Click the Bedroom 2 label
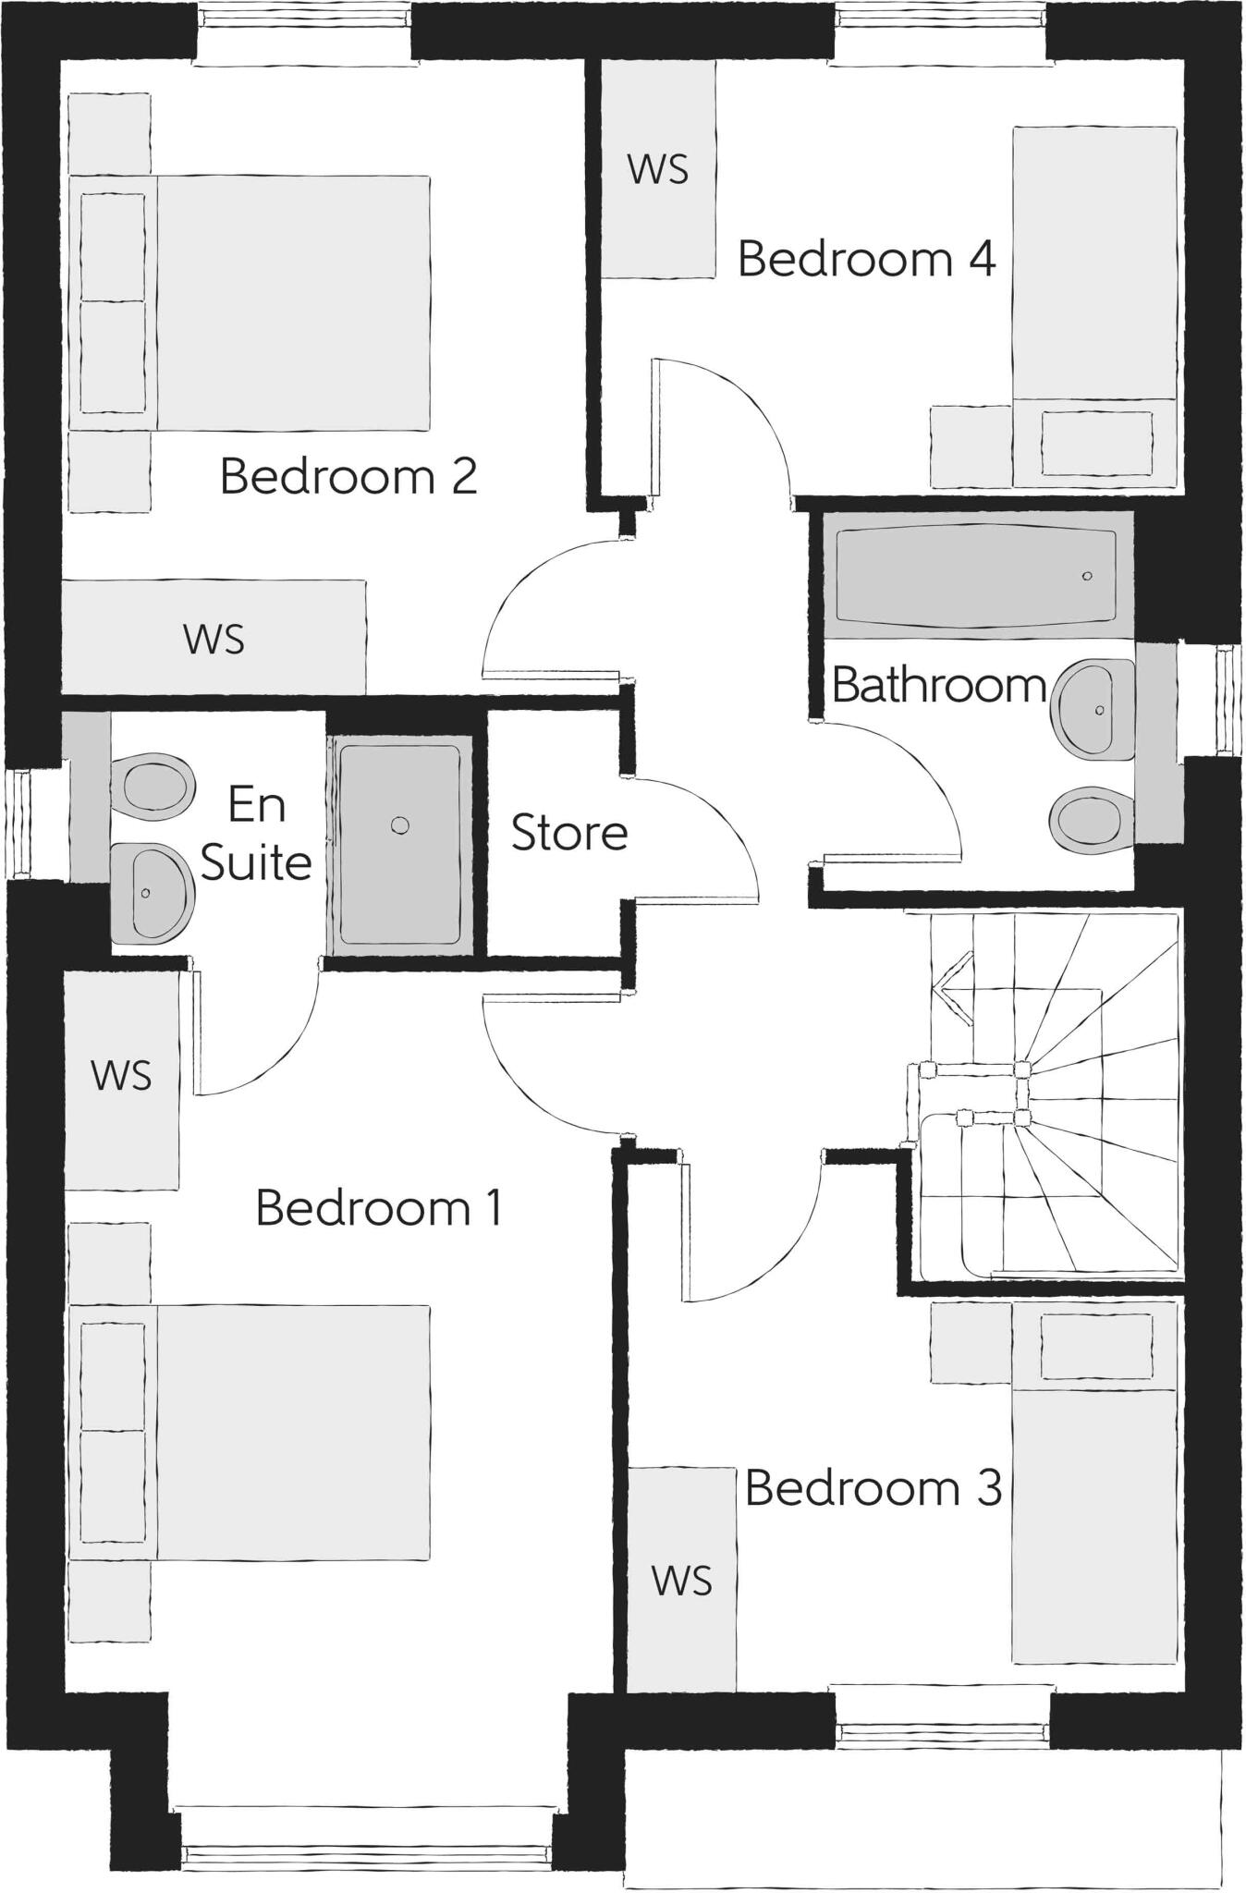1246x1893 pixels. coord(348,477)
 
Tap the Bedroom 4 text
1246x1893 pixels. coord(866,259)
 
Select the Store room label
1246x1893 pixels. coord(569,833)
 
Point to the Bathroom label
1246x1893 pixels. coord(938,686)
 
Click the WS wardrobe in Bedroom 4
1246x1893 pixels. coord(658,169)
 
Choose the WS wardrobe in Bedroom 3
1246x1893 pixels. coord(682,1581)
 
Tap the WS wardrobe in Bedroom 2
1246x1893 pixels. coord(214,639)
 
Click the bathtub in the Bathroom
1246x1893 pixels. coord(975,575)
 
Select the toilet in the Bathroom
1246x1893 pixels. coord(1086,819)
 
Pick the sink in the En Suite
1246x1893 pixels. coord(153,892)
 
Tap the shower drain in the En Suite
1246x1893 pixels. coord(399,825)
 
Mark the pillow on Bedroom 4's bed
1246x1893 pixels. coord(1096,444)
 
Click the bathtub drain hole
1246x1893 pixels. coord(1087,576)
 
